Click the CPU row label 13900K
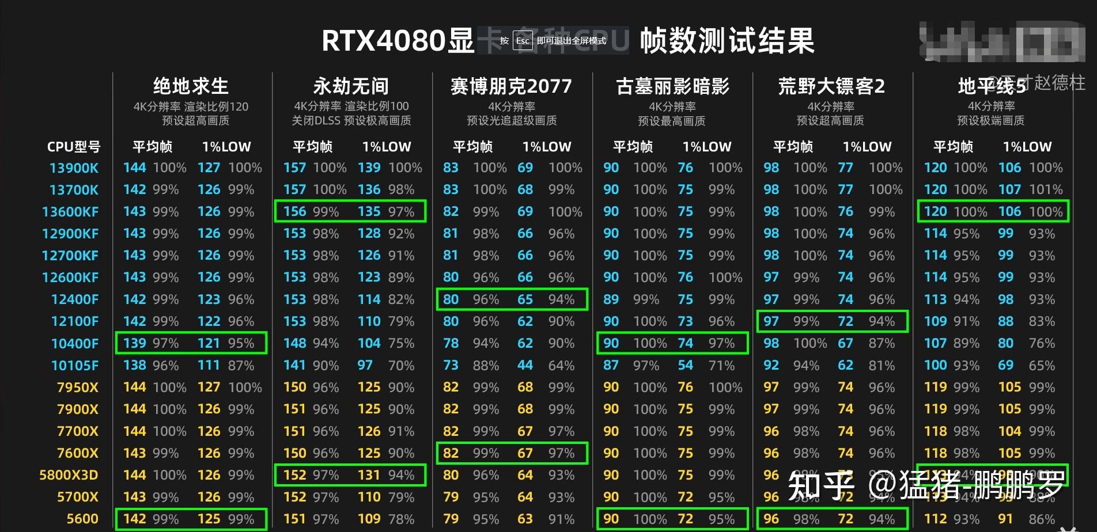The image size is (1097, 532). point(74,168)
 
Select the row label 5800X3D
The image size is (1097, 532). point(69,475)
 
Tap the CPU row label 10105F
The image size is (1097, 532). point(75,366)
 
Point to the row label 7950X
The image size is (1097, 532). point(78,387)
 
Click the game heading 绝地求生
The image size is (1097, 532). point(191,86)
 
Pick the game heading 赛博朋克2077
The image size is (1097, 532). point(511,86)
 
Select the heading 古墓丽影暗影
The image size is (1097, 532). point(672,86)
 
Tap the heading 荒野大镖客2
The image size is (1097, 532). point(831,86)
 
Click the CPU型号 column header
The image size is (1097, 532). point(74,147)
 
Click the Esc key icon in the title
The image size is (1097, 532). point(522,41)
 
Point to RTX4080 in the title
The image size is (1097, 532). point(383,41)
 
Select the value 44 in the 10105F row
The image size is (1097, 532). point(525,366)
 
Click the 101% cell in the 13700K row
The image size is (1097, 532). point(1046,189)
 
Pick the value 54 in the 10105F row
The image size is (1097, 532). point(685,366)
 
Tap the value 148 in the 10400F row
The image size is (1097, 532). point(294,344)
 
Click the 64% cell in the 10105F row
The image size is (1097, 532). point(561,366)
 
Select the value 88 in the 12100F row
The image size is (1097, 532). point(1005,321)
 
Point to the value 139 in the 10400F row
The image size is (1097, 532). point(134,344)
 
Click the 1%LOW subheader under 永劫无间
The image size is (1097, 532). point(387,147)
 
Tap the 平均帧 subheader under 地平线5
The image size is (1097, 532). point(953,147)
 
